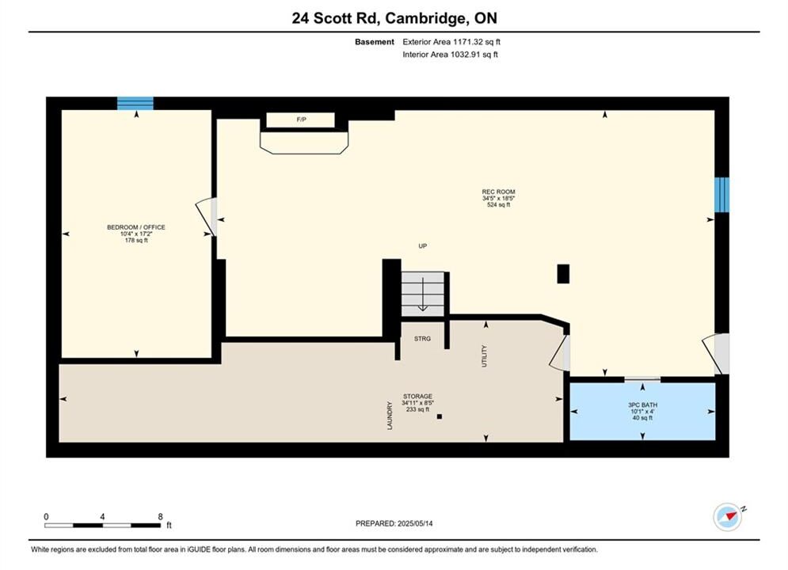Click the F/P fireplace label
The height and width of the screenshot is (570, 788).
[301, 120]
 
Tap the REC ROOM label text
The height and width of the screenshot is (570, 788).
[498, 192]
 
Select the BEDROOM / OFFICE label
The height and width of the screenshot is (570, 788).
[136, 227]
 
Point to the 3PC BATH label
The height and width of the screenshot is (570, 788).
[643, 405]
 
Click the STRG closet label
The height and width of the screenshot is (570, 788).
[422, 339]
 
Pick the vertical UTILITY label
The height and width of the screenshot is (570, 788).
[485, 356]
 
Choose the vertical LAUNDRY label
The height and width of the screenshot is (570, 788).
[390, 416]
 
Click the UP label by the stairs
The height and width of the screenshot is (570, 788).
[423, 246]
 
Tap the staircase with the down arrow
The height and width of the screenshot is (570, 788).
[423, 294]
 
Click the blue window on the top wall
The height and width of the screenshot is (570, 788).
[135, 103]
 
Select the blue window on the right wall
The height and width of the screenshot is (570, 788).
[721, 194]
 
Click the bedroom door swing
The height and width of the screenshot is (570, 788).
[207, 216]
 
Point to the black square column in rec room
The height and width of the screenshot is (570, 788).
[563, 274]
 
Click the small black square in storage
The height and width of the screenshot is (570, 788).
[440, 416]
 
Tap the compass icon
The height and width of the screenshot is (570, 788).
[728, 516]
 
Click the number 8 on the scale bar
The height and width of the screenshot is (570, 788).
[160, 517]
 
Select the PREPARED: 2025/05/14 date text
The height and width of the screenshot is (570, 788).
[394, 523]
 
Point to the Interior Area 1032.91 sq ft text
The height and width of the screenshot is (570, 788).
[451, 55]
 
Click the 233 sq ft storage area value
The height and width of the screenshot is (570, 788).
[417, 409]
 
